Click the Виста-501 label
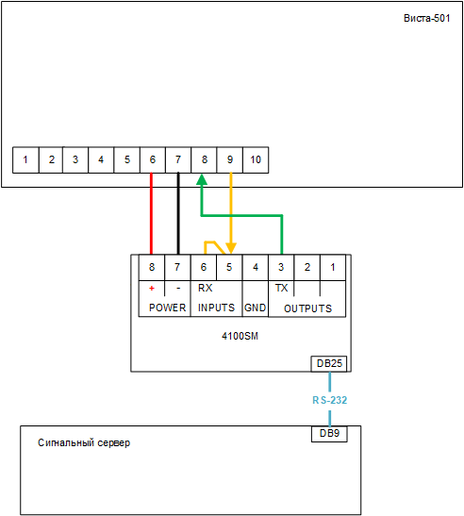(x=427, y=18)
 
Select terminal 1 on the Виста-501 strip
(x=25, y=160)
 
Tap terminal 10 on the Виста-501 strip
(x=256, y=160)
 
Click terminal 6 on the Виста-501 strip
(x=153, y=160)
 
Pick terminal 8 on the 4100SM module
(x=152, y=267)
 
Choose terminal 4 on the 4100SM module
(x=256, y=267)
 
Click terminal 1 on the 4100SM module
(x=333, y=267)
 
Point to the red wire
(x=152, y=213)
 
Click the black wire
(x=178, y=213)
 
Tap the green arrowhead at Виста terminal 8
(x=202, y=179)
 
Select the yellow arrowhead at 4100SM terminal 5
(x=231, y=248)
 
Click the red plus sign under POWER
(x=152, y=289)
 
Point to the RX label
(x=205, y=288)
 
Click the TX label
(x=281, y=288)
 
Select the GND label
(x=255, y=308)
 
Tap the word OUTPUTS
(x=307, y=308)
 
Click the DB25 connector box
(x=329, y=363)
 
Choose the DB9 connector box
(x=329, y=434)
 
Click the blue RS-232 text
(x=330, y=400)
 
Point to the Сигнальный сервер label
(x=84, y=443)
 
